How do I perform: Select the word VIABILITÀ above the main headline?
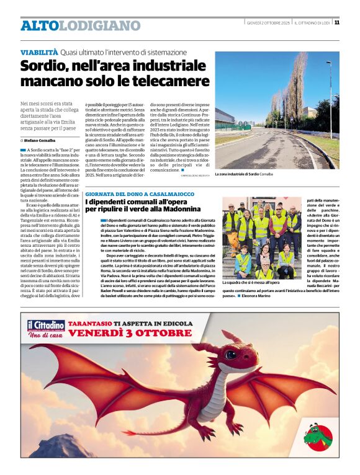(39, 53)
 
